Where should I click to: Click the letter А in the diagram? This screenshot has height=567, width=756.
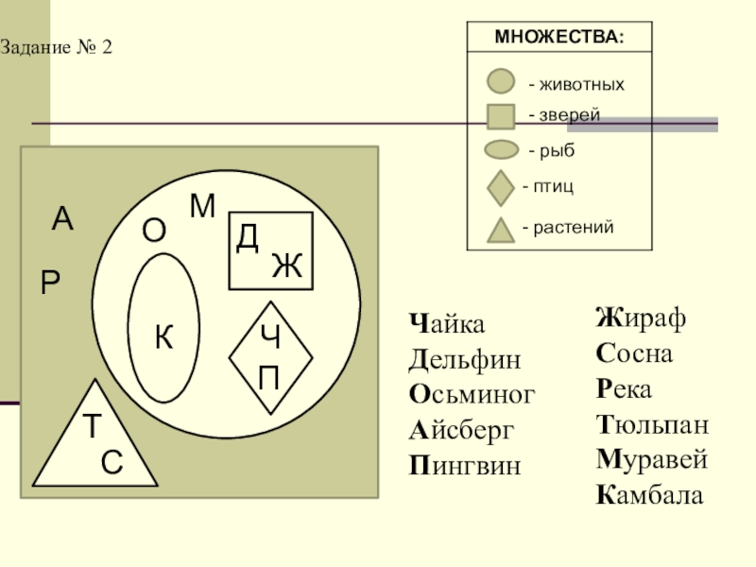[62, 219]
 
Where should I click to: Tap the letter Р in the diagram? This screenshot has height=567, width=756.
[50, 282]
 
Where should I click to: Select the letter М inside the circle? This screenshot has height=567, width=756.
[202, 206]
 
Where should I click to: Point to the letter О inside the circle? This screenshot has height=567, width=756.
[154, 230]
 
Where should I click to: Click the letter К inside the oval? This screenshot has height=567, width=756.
[163, 336]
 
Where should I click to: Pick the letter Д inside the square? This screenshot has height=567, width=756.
[248, 238]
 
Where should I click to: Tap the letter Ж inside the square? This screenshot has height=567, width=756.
[287, 266]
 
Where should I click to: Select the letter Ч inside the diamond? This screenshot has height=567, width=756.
[270, 336]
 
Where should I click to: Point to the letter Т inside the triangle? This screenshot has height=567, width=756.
[92, 425]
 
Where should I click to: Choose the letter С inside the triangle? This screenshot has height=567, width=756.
[112, 462]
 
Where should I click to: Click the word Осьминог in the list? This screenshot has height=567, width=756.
[472, 394]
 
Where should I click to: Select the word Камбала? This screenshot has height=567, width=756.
[649, 494]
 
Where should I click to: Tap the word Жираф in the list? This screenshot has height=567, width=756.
[641, 318]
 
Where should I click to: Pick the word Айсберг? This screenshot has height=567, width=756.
[461, 430]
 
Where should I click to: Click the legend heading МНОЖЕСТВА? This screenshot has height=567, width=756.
[559, 37]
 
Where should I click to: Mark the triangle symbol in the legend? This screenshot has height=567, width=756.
[501, 232]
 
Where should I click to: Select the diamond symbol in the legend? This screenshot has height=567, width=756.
[501, 188]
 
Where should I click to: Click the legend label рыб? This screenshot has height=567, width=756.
[558, 150]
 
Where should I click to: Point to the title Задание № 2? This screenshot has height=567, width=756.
[56, 47]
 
